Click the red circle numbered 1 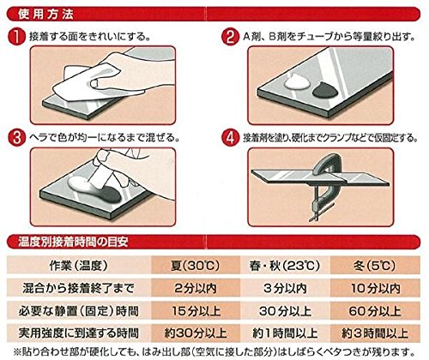pos(17,37)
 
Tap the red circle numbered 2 pos(230,37)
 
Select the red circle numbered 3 pos(17,138)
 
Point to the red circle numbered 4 pos(230,138)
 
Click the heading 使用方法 pos(45,15)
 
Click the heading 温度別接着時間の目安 pos(73,242)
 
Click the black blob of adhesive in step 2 pos(325,90)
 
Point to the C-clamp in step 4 pos(323,186)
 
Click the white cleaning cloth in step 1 pos(86,83)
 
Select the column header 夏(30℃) pos(196,266)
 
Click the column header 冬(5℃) pos(375,266)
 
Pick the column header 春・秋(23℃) pos(285,266)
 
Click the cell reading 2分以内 pos(196,288)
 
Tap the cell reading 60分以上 pos(375,311)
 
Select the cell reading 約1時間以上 pos(285,333)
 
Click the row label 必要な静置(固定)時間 pos(79,311)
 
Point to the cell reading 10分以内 pos(375,288)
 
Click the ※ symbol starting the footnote pos(17,351)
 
